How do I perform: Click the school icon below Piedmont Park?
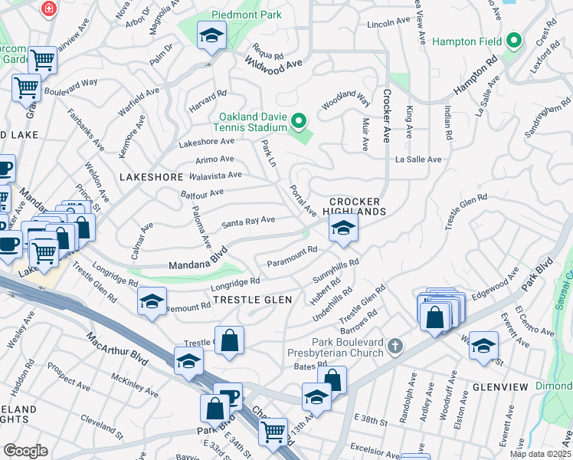211,35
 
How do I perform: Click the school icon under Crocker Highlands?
343,228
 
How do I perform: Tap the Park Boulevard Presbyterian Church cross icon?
395,347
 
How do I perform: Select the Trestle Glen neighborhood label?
252,300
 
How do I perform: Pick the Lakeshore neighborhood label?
152,176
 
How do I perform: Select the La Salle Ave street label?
418,159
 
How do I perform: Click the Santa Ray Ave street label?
248,222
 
